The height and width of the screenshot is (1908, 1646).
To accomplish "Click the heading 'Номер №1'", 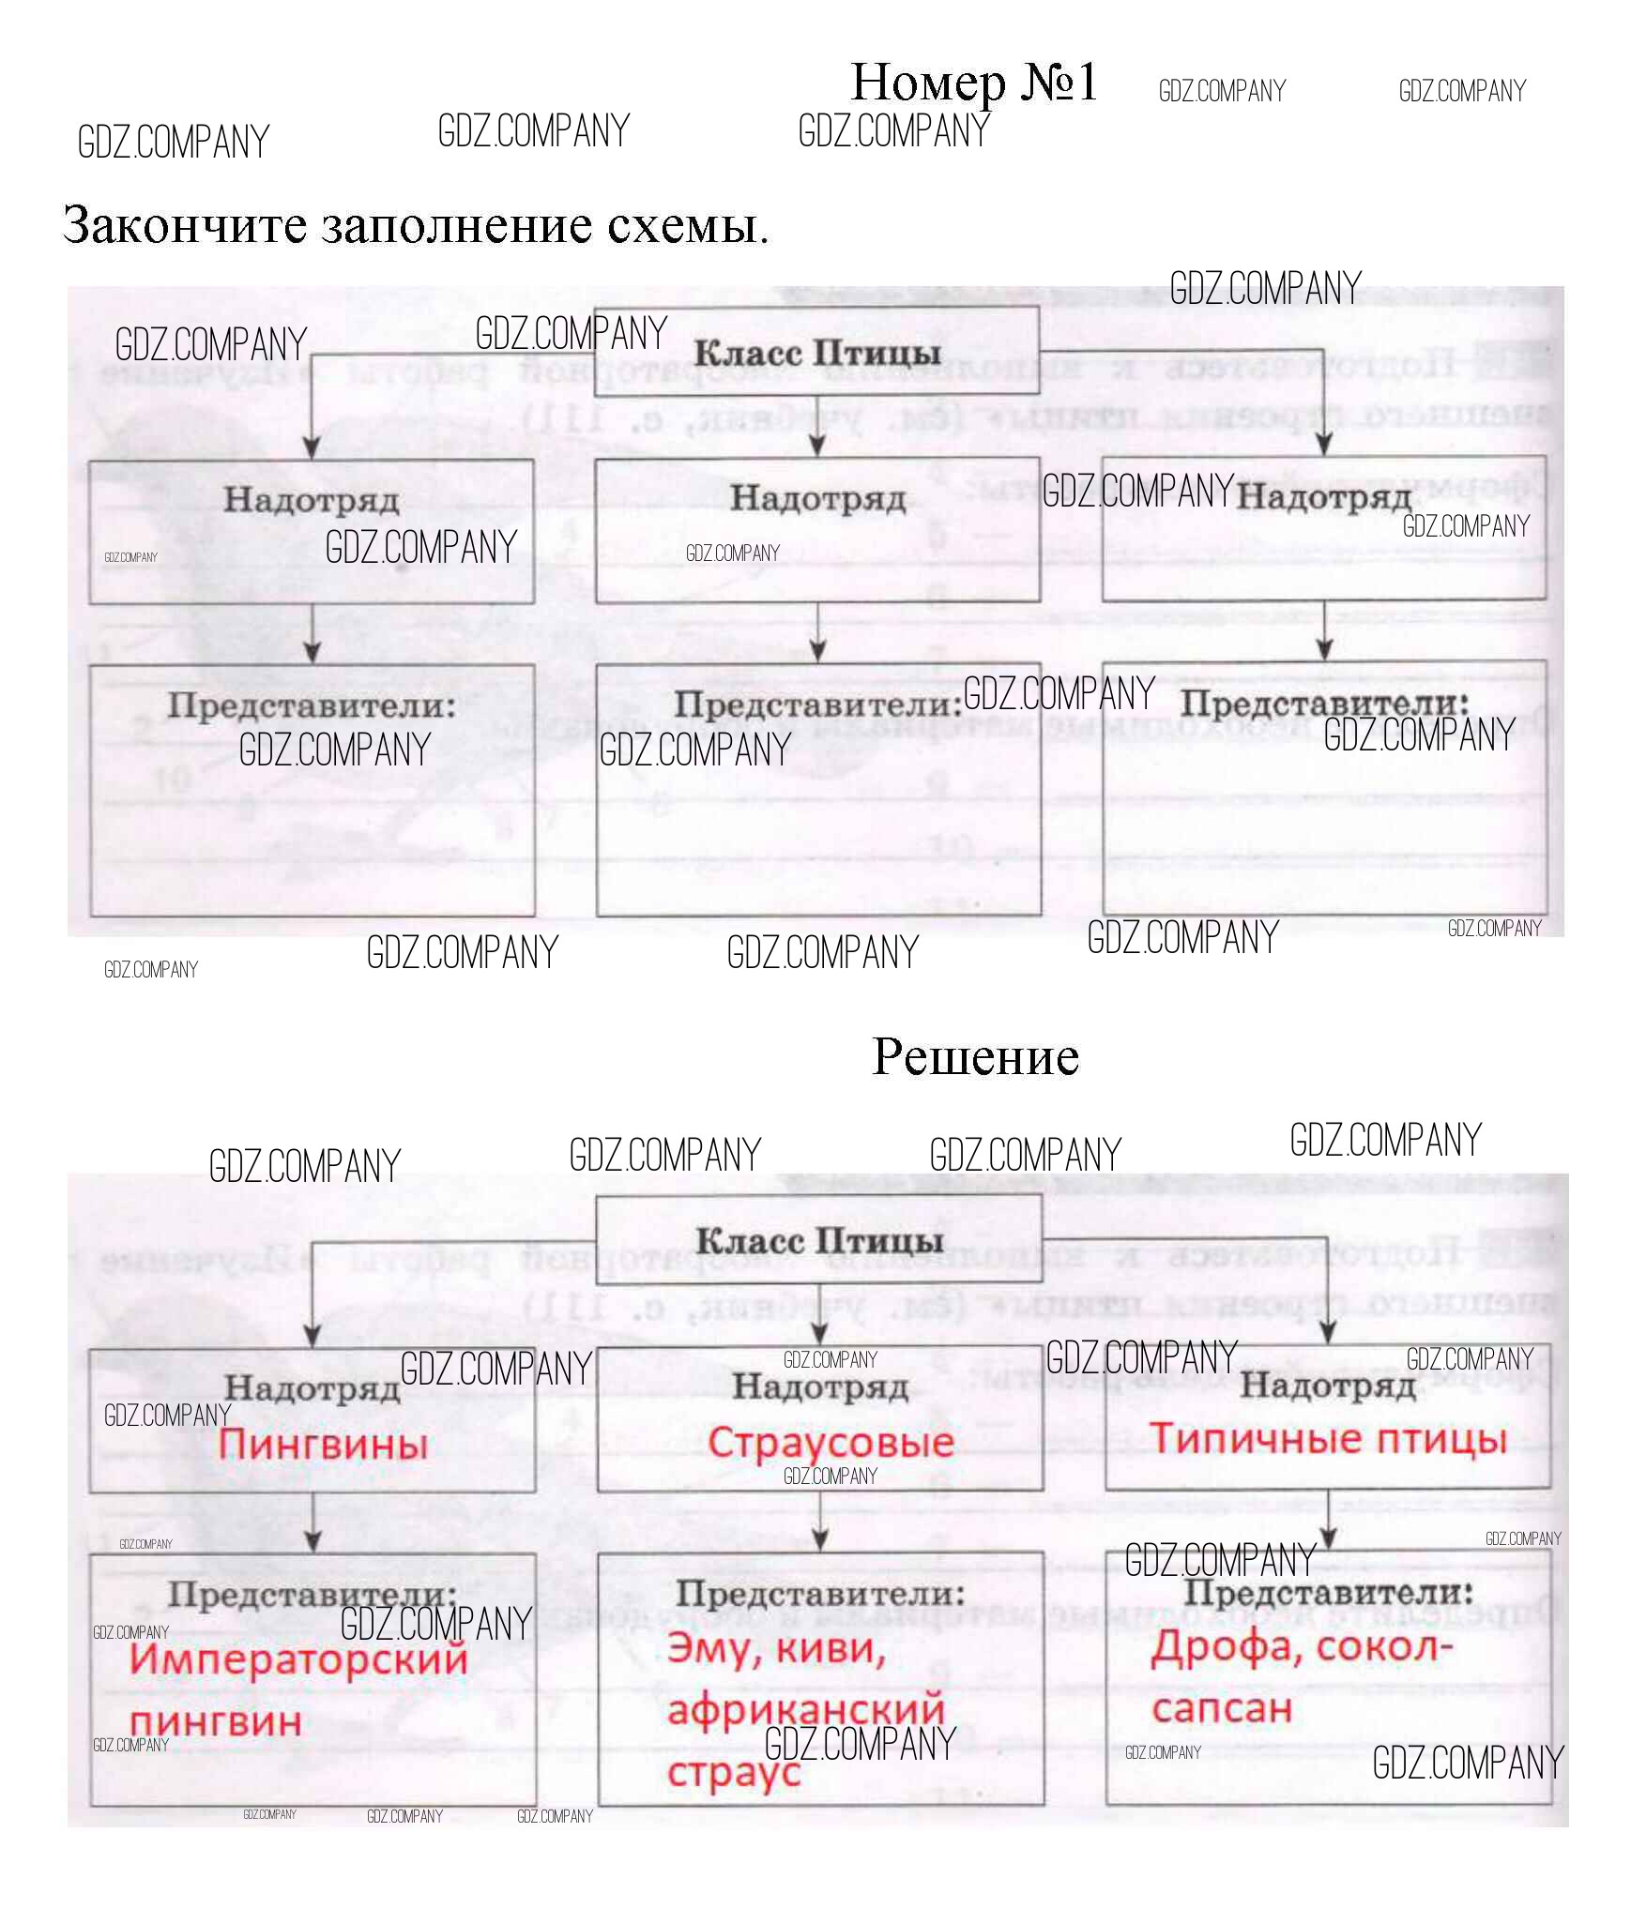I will [973, 83].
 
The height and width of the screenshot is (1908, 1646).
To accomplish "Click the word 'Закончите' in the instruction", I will [185, 226].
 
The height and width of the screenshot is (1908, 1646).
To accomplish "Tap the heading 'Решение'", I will [975, 1057].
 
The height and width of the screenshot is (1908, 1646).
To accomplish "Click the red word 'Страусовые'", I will [831, 1443].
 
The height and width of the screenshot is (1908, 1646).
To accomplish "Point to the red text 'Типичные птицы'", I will [1328, 1439].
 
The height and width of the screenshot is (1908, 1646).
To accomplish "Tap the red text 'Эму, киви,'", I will [776, 1648].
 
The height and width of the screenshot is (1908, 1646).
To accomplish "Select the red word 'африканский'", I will [805, 1709].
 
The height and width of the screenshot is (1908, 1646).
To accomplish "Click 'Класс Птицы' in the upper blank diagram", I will [817, 354].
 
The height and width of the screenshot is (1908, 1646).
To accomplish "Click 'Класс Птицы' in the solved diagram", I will [819, 1241].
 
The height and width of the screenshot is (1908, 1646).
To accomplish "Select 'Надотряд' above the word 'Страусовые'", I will [820, 1386].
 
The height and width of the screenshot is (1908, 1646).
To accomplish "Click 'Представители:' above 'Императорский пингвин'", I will [312, 1594].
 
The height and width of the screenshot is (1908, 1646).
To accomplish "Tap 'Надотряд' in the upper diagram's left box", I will [312, 500].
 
